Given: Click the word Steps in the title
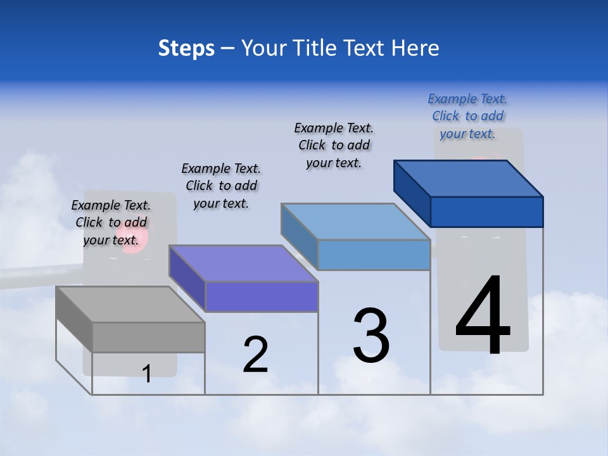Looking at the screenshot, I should point(186,48).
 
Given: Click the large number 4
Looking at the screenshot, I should point(483,315).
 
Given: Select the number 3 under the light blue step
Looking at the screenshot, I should point(371,335).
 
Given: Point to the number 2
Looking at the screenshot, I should point(255,354).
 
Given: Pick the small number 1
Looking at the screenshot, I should point(147,374).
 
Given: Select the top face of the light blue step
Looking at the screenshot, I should point(355,222).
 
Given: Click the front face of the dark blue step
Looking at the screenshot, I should point(486,212).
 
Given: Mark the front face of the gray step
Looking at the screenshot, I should point(148,337).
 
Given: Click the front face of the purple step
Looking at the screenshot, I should point(261,296).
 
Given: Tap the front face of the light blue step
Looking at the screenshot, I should point(374,255).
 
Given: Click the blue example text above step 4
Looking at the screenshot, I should point(467,116).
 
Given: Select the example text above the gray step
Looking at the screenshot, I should point(111,222).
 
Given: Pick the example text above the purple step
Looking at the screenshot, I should point(221,186).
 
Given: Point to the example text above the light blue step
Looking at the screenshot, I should point(334,145).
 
